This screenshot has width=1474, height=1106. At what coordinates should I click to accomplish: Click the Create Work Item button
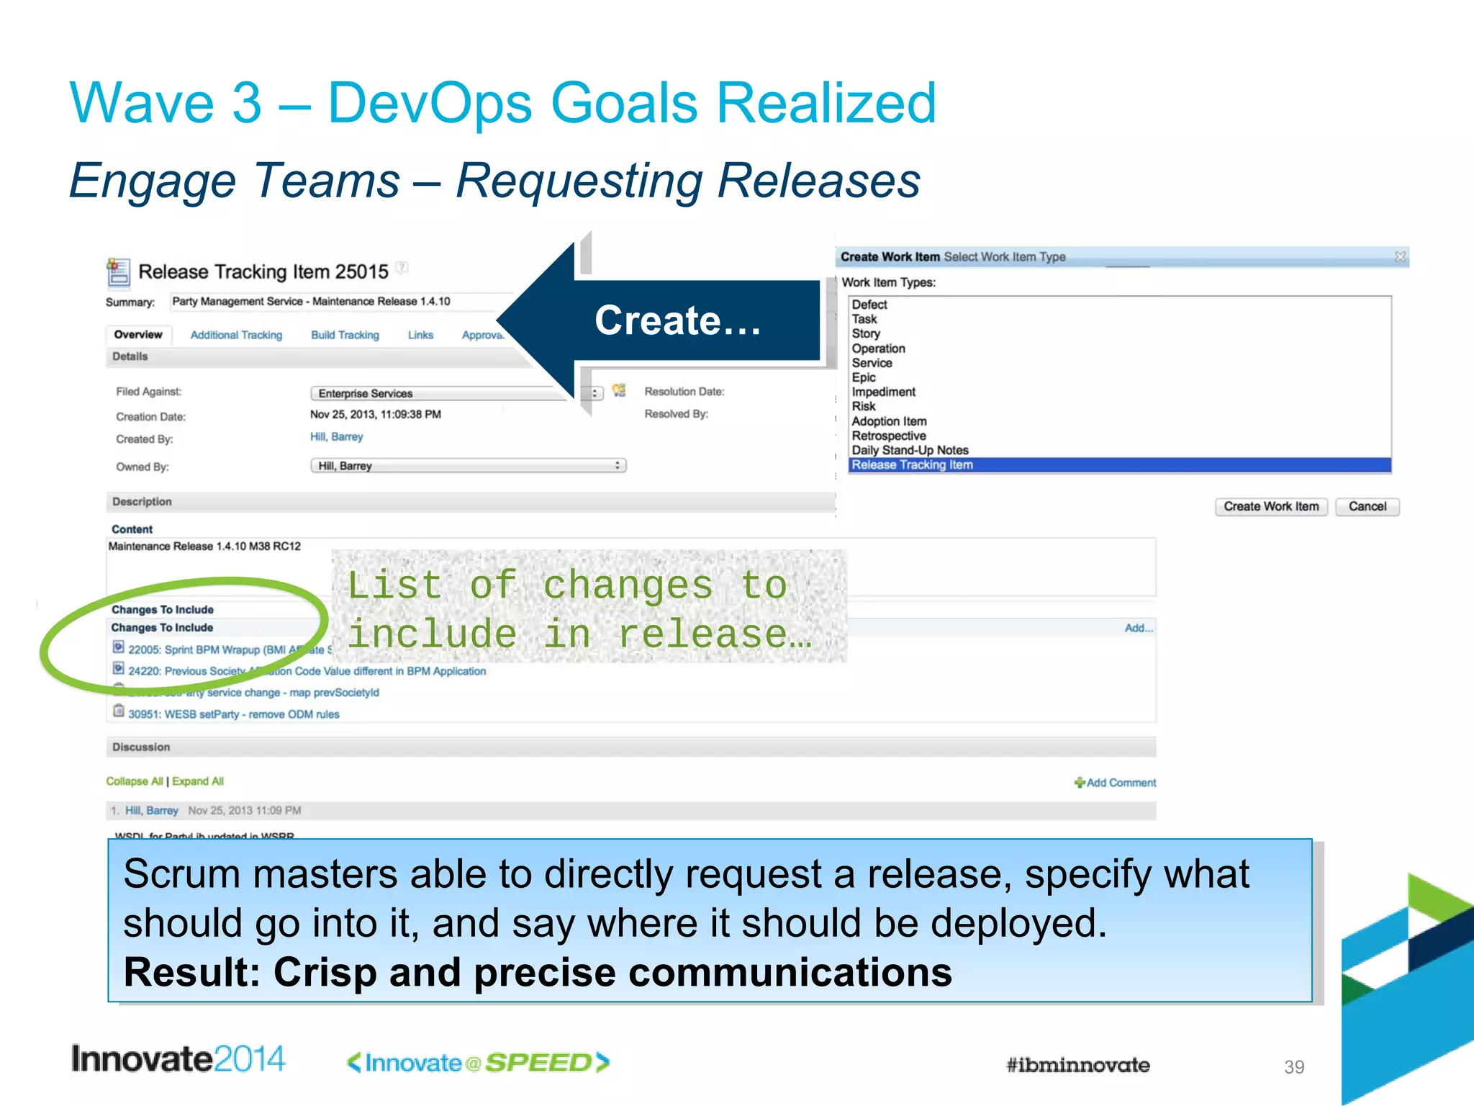[x=1271, y=506]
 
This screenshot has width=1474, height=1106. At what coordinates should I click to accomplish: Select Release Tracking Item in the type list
[x=912, y=465]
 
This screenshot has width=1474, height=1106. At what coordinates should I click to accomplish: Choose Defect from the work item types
[x=869, y=305]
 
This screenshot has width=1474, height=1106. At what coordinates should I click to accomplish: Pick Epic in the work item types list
[x=864, y=377]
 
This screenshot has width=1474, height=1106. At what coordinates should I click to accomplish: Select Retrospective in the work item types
[x=889, y=436]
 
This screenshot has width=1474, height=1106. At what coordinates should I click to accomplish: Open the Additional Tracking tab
[x=236, y=335]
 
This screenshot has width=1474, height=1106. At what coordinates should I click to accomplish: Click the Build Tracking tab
[x=345, y=335]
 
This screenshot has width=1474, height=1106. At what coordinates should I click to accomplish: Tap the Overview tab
[x=138, y=335]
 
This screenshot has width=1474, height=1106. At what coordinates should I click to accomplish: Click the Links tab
[x=420, y=335]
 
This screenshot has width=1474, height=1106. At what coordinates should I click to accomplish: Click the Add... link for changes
[x=1139, y=628]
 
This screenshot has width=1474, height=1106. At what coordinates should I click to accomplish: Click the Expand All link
[x=198, y=781]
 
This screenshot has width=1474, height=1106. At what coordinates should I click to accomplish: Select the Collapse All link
[x=135, y=781]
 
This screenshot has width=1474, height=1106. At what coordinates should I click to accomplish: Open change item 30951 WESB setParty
[x=233, y=714]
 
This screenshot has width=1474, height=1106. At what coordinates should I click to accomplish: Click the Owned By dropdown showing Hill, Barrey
[x=468, y=466]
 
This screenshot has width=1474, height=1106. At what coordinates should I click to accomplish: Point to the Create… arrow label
[x=677, y=320]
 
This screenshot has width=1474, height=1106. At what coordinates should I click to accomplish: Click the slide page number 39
[x=1294, y=1066]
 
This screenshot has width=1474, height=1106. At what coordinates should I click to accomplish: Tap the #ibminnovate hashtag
[x=1077, y=1065]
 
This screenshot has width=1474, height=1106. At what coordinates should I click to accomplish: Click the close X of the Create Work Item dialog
[x=1400, y=256]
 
